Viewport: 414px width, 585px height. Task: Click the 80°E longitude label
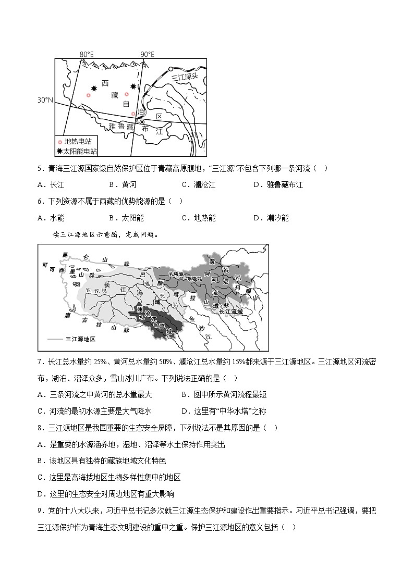coord(87,54)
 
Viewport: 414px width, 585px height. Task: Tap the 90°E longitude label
coord(148,54)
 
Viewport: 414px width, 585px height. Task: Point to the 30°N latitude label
coord(45,99)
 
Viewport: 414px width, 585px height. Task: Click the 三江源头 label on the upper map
coord(186,77)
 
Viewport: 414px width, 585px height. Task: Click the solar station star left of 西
coord(94,89)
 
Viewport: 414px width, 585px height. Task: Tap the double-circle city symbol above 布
coord(142,122)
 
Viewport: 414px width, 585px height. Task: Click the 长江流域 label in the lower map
coord(232,311)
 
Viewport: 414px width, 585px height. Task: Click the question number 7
coord(41,361)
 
